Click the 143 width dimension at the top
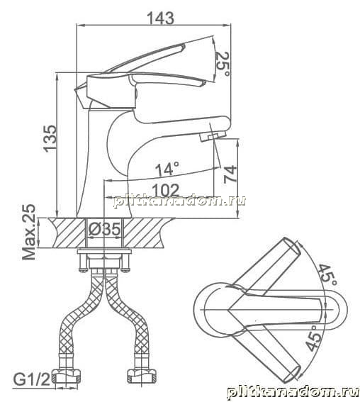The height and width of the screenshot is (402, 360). [161, 18]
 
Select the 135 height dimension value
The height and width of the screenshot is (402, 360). [50, 138]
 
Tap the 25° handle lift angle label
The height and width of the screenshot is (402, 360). [223, 64]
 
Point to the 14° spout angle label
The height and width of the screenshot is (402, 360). [167, 169]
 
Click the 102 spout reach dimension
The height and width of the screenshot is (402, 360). [166, 191]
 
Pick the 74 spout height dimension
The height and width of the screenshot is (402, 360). [230, 174]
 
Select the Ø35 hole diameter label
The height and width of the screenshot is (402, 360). [105, 229]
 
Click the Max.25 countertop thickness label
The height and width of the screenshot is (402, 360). [28, 232]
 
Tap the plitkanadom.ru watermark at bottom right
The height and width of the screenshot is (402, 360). [293, 393]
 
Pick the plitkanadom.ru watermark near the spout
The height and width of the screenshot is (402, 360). [179, 201]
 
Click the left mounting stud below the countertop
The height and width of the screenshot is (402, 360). [82, 262]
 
